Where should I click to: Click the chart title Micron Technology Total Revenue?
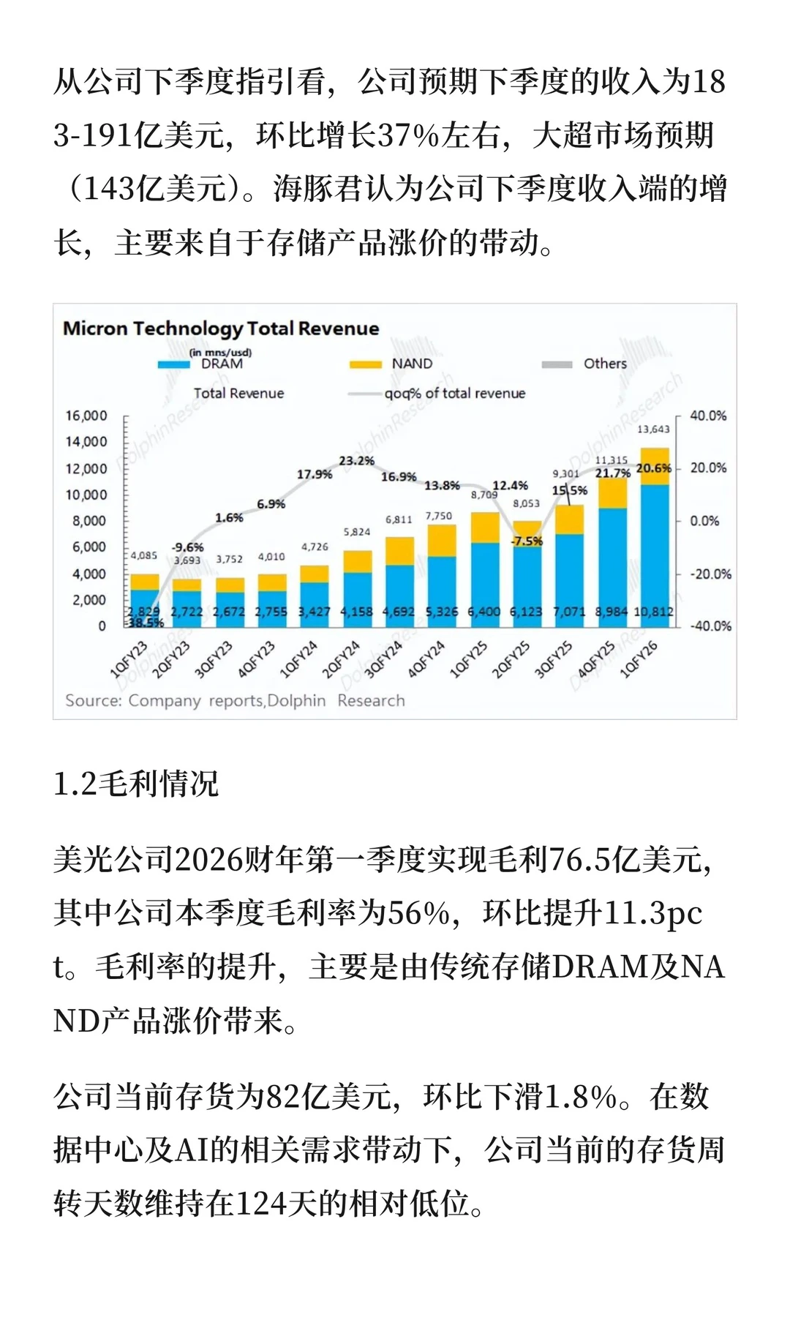(221, 329)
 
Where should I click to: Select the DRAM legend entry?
(221, 364)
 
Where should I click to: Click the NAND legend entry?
(412, 364)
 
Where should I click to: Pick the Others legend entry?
(604, 364)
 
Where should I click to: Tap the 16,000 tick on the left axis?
(86, 416)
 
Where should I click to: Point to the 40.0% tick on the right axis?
(707, 416)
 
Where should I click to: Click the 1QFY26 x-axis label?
(639, 658)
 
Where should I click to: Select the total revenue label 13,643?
(653, 429)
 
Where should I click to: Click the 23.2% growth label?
(356, 461)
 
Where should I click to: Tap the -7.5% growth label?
(527, 541)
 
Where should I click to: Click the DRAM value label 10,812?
(653, 612)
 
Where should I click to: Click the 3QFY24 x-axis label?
(384, 658)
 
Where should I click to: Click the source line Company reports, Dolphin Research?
(235, 701)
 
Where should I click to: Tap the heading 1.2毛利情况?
(136, 784)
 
